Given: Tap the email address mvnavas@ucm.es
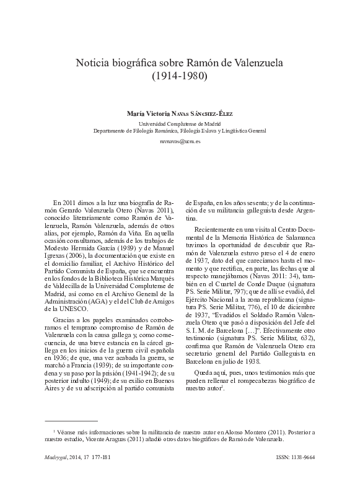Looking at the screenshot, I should (180, 141).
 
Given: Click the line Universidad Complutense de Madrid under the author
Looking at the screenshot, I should (180, 123).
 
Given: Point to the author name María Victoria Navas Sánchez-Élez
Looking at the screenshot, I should (180, 113).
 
